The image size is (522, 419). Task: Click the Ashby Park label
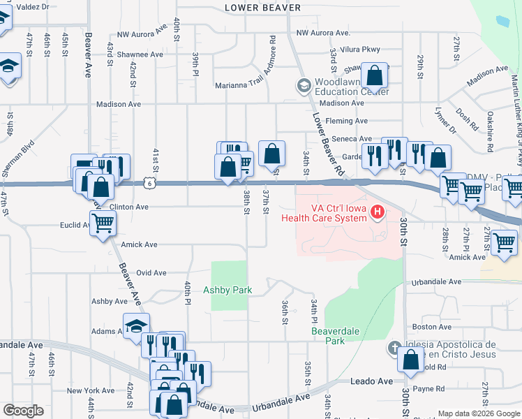(x=228, y=290)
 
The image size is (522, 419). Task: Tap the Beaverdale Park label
(x=328, y=336)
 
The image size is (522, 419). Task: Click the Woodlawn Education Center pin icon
(x=304, y=86)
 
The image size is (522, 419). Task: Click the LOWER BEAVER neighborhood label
(x=263, y=8)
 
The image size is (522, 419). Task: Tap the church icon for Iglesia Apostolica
(x=394, y=347)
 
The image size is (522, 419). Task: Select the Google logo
(x=24, y=411)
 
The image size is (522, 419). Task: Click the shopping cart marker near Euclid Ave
(x=103, y=224)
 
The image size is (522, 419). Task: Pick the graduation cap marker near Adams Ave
(x=136, y=326)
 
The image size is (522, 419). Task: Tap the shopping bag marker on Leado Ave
(x=410, y=360)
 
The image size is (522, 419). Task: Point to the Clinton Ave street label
(x=129, y=207)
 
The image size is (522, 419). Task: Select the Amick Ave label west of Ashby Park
(x=139, y=245)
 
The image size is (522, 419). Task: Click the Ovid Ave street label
(x=151, y=273)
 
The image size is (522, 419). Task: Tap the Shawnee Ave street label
(x=140, y=54)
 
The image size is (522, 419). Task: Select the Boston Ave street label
(x=427, y=326)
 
